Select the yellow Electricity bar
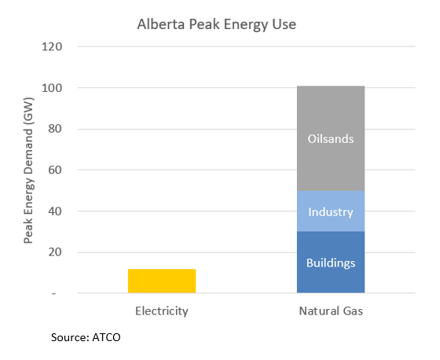pyautogui.click(x=162, y=281)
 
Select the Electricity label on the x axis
pyautogui.click(x=162, y=310)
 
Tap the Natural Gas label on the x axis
pyautogui.click(x=331, y=310)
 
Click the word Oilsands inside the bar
pyautogui.click(x=331, y=139)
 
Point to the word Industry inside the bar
pyautogui.click(x=331, y=212)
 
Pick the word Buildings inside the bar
pyautogui.click(x=331, y=263)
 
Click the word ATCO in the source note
pyautogui.click(x=105, y=337)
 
